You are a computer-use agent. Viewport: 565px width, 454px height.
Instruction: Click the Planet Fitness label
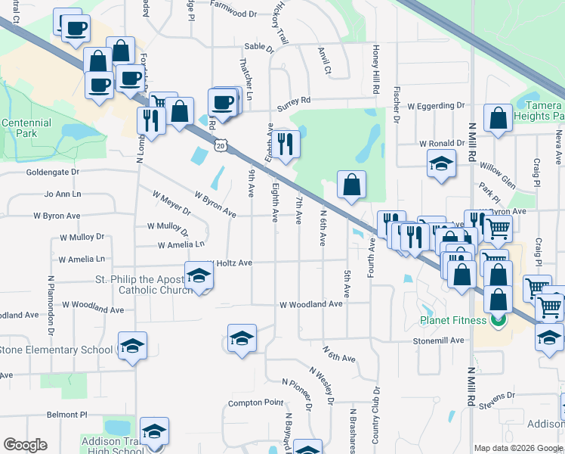point(453,320)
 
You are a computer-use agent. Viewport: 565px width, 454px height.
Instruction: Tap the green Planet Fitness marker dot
point(497,320)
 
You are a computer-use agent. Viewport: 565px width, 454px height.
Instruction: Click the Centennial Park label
point(26,128)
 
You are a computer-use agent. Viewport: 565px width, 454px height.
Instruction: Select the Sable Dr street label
point(258,47)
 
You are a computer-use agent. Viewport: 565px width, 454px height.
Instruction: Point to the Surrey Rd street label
point(294,100)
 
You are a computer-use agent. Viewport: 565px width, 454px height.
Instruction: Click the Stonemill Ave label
point(438,340)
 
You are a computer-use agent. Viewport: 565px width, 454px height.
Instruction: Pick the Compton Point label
point(255,403)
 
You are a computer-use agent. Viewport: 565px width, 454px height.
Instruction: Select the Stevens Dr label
point(496,396)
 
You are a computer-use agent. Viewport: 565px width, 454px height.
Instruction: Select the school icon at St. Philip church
point(199,275)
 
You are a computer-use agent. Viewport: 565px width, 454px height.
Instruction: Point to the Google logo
point(25,445)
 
